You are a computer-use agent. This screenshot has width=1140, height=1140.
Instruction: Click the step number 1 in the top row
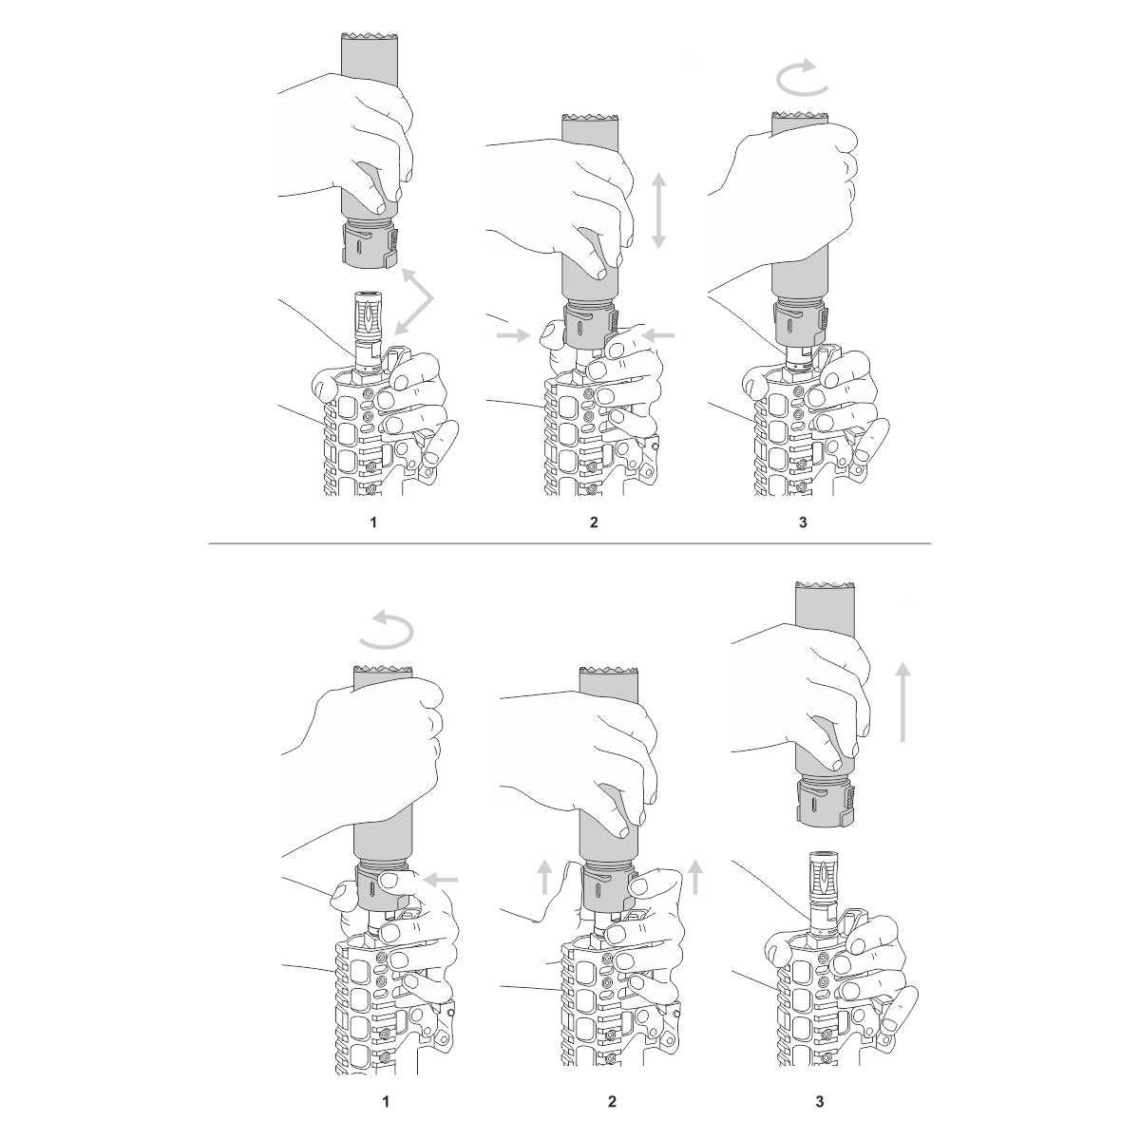373,522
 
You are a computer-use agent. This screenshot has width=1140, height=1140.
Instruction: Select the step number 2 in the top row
594,522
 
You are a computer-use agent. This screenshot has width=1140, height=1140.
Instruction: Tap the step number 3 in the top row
803,522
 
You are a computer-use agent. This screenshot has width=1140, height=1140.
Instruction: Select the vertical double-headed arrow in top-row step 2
658,211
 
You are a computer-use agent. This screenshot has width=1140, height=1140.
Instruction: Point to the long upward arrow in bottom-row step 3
902,702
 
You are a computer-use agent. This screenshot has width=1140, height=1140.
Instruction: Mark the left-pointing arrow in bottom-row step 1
442,880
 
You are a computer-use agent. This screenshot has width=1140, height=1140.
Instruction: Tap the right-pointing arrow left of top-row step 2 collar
514,336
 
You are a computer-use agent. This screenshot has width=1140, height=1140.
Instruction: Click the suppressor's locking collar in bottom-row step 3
824,801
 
